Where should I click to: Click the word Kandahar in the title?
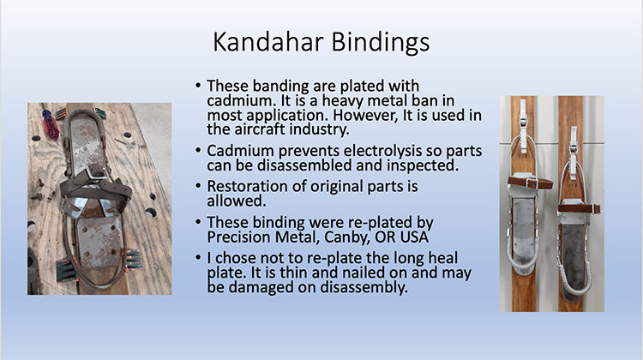[x=268, y=41]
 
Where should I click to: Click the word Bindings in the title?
[x=380, y=43]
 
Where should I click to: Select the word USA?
[x=414, y=237]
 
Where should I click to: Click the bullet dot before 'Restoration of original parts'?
[x=199, y=186]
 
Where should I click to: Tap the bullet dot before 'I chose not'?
[x=199, y=258]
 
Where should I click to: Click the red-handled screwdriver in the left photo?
[x=51, y=123]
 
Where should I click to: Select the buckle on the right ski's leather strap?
[x=589, y=207]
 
